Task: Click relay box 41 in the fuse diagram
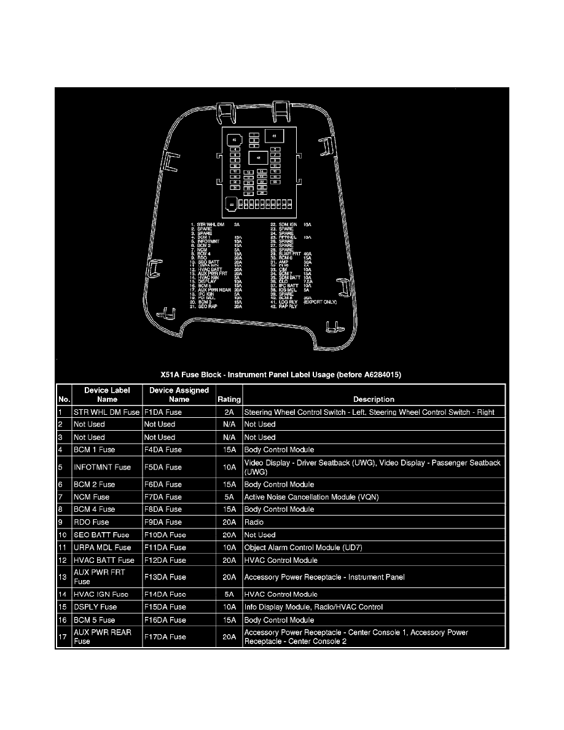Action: pos(274,136)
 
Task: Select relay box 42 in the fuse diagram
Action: pos(258,157)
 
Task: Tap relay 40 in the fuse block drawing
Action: pos(234,140)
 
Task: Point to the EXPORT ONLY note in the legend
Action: pos(321,302)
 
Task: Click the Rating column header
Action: pos(229,399)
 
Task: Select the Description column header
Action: pos(374,399)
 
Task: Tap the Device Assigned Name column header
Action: pos(179,394)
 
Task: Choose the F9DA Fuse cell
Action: pos(163,522)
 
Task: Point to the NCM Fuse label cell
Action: pos(92,496)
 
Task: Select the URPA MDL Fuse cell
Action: pos(102,547)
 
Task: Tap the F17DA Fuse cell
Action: pos(165,637)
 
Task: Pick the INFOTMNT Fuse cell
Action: pos(102,467)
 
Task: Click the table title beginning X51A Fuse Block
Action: pos(281,374)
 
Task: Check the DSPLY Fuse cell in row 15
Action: pos(95,606)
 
